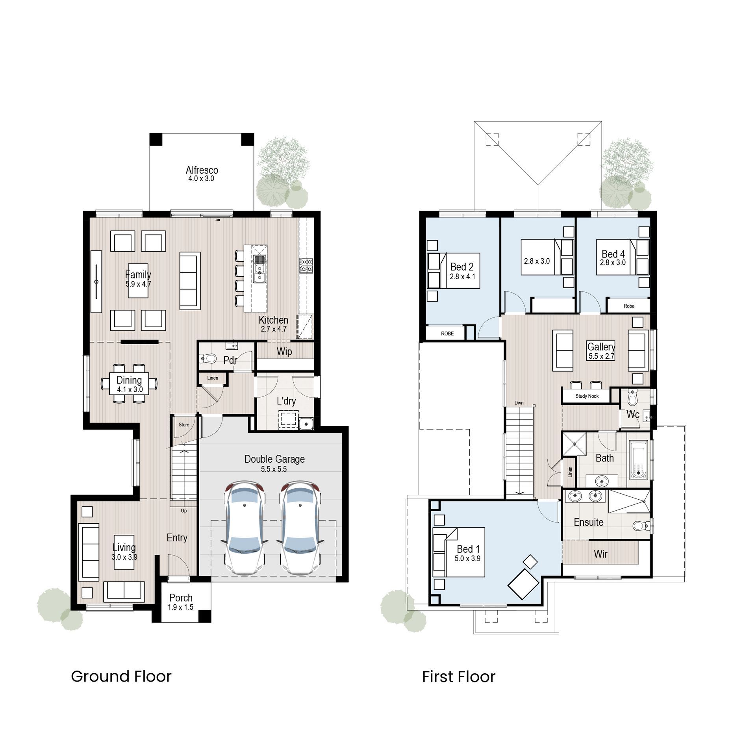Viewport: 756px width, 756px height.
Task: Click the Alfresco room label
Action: pos(202,170)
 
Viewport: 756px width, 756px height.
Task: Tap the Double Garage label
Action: pos(274,459)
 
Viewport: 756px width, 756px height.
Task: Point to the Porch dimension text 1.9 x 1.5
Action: pos(180,607)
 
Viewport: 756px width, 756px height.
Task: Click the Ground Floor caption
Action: pos(121,676)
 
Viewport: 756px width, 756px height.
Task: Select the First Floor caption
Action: pos(458,677)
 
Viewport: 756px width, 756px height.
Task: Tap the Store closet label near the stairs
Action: pos(184,425)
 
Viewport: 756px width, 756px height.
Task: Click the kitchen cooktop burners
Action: pos(306,265)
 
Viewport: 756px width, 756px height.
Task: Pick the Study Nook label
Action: pos(587,396)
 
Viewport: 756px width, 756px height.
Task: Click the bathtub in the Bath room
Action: pos(638,460)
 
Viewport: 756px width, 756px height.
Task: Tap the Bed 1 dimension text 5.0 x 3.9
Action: pos(467,558)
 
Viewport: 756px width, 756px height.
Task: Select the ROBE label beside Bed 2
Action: pos(447,334)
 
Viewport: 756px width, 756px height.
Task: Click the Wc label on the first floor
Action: pos(633,414)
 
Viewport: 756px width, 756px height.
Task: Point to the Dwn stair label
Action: pos(519,403)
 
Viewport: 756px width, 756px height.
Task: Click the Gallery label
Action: pos(601,347)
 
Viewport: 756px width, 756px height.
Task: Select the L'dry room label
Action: pos(286,401)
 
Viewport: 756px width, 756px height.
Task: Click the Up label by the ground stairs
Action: pos(183,511)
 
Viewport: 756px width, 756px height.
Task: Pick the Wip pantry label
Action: pos(284,352)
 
